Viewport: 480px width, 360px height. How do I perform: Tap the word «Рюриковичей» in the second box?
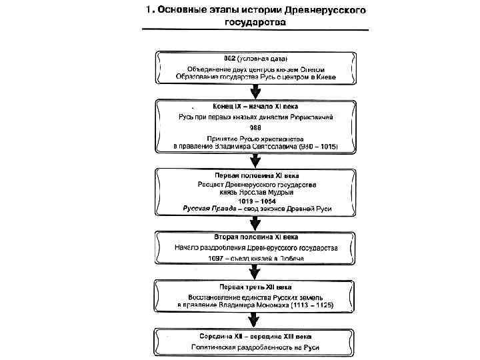tap(307, 116)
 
